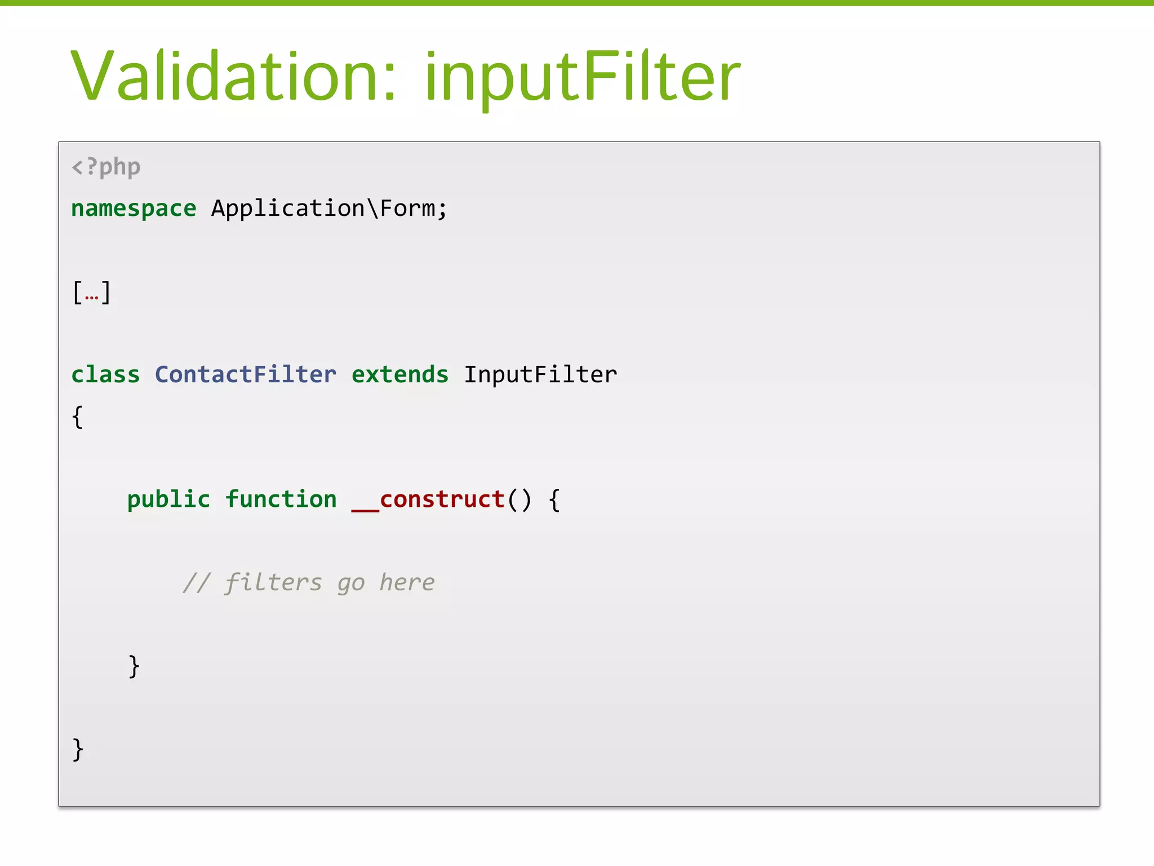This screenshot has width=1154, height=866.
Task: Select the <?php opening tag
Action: pyautogui.click(x=106, y=167)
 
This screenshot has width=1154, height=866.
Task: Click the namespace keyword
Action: pyautogui.click(x=134, y=209)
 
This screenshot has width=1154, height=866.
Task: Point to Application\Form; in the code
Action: pyautogui.click(x=329, y=209)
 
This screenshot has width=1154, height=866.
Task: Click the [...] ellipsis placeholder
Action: pyautogui.click(x=91, y=292)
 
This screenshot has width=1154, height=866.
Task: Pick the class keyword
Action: pyautogui.click(x=105, y=375)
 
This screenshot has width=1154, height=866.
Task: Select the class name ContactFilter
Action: pyautogui.click(x=246, y=375)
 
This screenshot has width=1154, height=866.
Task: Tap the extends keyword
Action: pyautogui.click(x=400, y=375)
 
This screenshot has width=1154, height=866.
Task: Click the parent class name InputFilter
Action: pyautogui.click(x=540, y=375)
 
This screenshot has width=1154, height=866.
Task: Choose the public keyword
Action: pyautogui.click(x=168, y=500)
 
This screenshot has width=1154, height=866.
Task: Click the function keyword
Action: pyautogui.click(x=281, y=500)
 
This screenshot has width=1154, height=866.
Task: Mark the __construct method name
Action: pyautogui.click(x=428, y=500)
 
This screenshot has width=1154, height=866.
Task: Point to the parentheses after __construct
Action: pyautogui.click(x=519, y=500)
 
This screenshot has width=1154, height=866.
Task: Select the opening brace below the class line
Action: pyautogui.click(x=78, y=417)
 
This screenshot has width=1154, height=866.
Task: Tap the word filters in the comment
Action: pyautogui.click(x=273, y=582)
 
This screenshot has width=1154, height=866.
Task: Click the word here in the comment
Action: pyautogui.click(x=407, y=582)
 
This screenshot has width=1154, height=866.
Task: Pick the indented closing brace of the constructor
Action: pyautogui.click(x=134, y=666)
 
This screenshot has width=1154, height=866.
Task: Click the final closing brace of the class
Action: pyautogui.click(x=78, y=749)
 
